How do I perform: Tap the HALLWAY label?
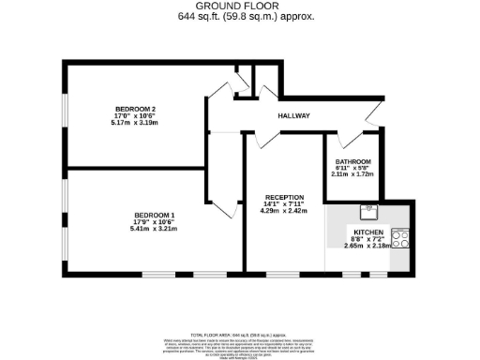click(293, 116)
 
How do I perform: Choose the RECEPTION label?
click(284, 197)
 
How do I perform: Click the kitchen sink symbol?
click(368, 209)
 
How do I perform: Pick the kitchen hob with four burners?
click(401, 239)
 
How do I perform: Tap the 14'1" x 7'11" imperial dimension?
click(284, 204)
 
